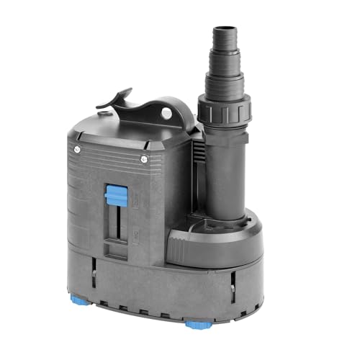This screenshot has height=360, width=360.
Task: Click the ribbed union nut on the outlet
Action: tap(218, 112)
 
